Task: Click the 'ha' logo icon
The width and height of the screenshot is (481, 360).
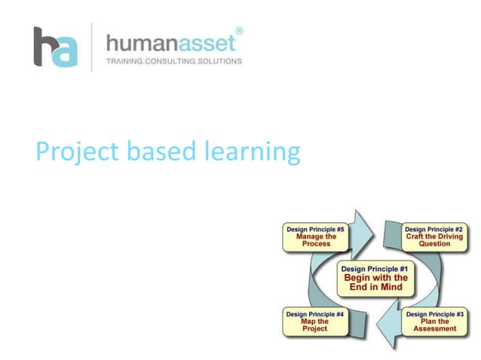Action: (55, 47)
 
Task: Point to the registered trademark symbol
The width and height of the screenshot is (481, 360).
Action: (239, 31)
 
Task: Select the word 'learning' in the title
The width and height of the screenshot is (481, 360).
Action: (252, 154)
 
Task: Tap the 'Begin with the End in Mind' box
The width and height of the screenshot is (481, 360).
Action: (375, 279)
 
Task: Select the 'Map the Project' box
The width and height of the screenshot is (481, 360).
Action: (316, 321)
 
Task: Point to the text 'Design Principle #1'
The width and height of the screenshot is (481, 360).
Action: (375, 269)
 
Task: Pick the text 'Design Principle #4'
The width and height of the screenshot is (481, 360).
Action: (316, 313)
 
